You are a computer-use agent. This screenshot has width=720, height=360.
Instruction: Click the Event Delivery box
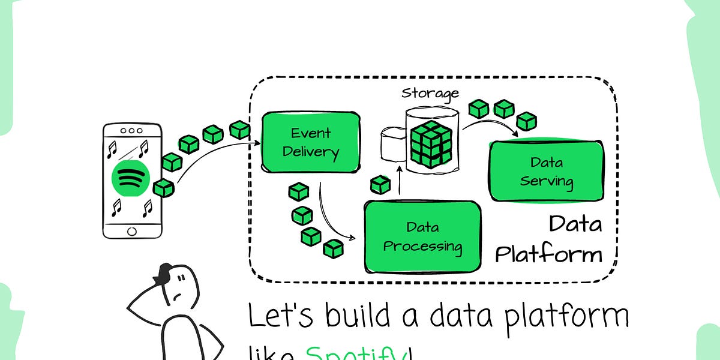click(x=311, y=142)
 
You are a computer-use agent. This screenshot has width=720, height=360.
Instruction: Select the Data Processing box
click(x=423, y=236)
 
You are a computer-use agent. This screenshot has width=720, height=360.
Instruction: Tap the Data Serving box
click(x=547, y=172)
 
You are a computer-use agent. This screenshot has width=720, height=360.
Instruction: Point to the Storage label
click(x=430, y=93)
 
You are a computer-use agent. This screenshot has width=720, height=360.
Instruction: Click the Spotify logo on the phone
click(x=130, y=178)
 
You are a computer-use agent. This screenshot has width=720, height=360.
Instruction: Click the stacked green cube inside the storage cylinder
click(x=430, y=144)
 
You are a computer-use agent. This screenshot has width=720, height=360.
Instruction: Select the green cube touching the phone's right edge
click(x=163, y=188)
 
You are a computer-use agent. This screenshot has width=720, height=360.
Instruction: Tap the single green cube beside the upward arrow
click(x=380, y=184)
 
